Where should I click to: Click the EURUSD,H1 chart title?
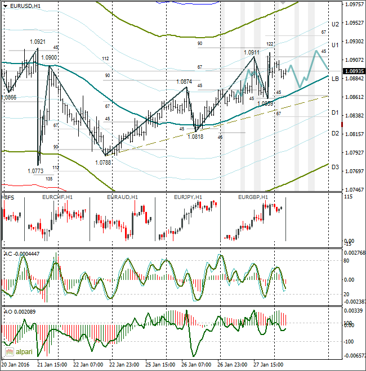pos(25,5)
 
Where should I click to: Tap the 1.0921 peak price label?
pos(38,42)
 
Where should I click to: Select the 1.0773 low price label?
pos(35,170)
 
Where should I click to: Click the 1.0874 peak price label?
pos(184,82)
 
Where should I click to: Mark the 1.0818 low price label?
pos(195,137)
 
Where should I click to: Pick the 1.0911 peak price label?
pos(252,52)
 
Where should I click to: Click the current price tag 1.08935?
pos(354,71)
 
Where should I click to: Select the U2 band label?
pos(335,24)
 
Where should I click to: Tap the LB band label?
pos(335,79)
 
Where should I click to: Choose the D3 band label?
pos(335,167)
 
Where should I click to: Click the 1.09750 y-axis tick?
pos(354,4)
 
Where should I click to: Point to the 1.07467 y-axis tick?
pos(354,190)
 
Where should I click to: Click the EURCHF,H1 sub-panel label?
pos(57,197)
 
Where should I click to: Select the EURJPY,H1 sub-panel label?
pos(189,197)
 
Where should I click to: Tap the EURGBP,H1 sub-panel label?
pos(253,197)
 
